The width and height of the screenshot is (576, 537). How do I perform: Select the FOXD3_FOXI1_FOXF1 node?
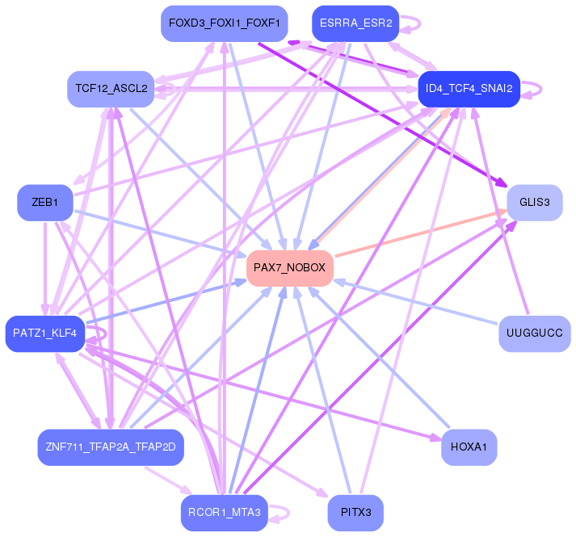(224, 23)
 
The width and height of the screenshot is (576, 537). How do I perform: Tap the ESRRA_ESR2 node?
(355, 23)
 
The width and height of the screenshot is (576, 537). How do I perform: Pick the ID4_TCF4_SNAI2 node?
(469, 89)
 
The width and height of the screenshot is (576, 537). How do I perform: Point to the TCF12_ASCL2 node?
(111, 89)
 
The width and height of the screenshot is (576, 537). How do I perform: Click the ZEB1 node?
(45, 202)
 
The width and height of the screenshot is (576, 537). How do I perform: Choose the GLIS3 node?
(534, 202)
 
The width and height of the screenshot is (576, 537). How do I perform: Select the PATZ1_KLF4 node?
(45, 333)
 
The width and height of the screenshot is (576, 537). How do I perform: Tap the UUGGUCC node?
(534, 333)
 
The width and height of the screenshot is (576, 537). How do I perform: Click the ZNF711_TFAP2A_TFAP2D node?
(111, 447)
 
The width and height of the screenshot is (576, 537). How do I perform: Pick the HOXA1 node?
(469, 447)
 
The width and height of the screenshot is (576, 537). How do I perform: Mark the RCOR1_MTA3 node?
(224, 512)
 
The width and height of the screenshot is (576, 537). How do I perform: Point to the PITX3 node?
(355, 512)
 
